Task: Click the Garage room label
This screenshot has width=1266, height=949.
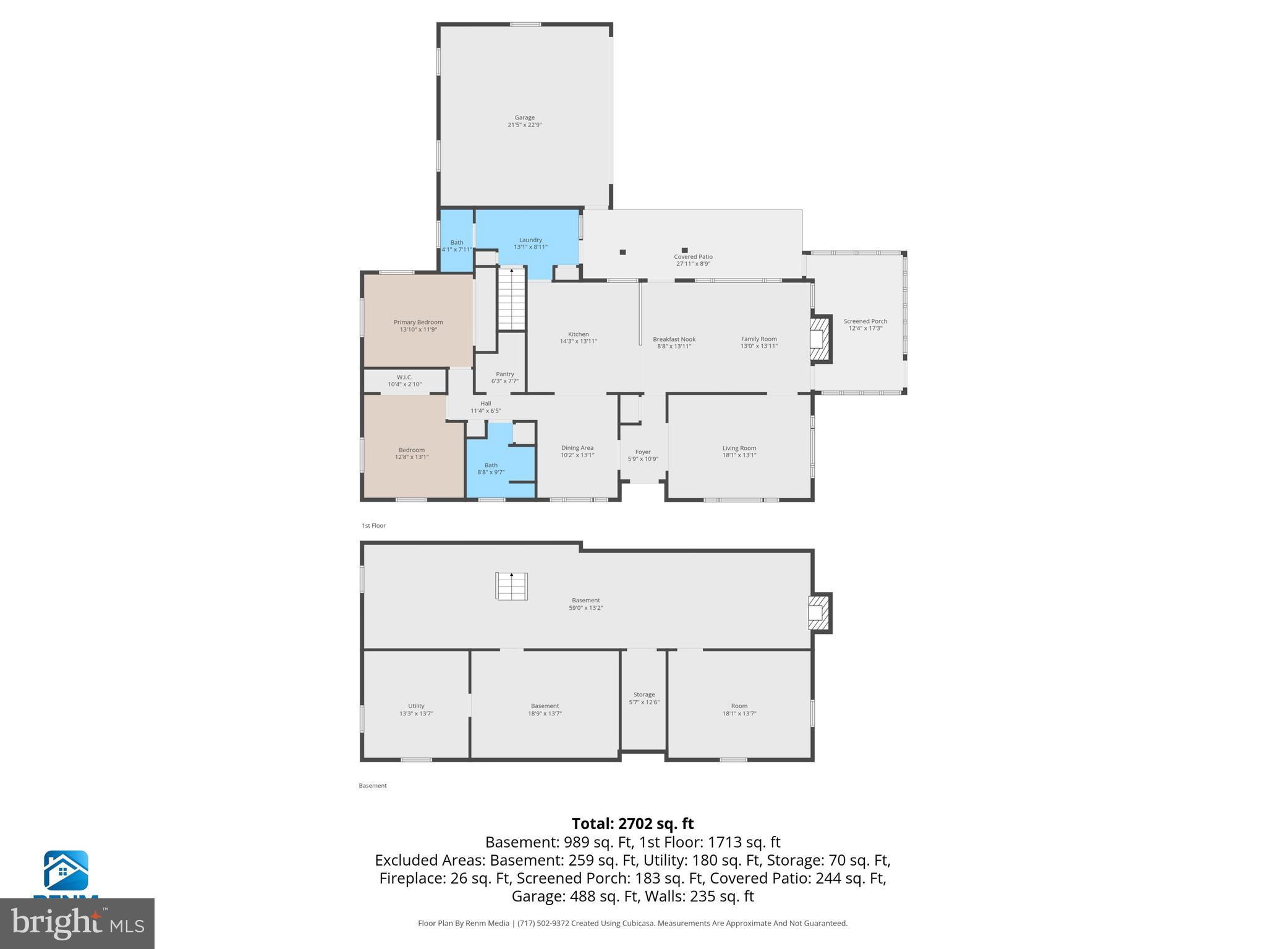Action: [x=524, y=117]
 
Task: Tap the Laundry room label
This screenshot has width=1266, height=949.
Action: [x=530, y=240]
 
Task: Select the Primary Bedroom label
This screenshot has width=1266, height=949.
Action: [x=418, y=322]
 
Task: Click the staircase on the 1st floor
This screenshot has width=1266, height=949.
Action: [x=511, y=300]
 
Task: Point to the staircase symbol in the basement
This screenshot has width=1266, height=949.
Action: [x=511, y=586]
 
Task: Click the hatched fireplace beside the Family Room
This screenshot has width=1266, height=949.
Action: [x=820, y=339]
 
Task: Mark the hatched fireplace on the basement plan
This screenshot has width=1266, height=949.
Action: [x=818, y=613]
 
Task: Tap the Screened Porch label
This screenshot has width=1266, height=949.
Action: [x=865, y=321]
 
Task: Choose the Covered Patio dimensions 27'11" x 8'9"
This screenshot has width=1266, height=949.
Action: [x=693, y=264]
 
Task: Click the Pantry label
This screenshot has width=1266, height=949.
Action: [x=504, y=374]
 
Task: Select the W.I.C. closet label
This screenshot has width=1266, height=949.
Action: [x=404, y=377]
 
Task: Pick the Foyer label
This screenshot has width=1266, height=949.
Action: [x=643, y=452]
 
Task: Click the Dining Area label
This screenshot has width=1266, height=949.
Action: [x=577, y=448]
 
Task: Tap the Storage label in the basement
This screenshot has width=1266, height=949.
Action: [x=644, y=694]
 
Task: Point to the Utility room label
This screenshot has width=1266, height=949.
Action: [x=416, y=706]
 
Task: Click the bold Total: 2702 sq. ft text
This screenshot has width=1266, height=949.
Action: [x=632, y=824]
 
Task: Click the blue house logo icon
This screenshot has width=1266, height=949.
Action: [x=66, y=871]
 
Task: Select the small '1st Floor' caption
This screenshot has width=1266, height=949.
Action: [x=373, y=526]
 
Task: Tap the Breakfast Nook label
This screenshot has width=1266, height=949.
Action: [x=674, y=339]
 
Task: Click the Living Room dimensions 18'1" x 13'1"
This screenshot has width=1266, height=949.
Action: [x=739, y=455]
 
